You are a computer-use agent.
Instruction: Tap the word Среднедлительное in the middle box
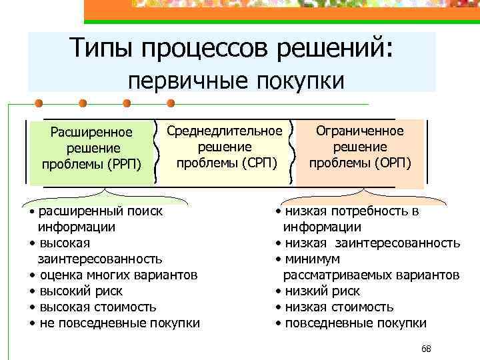point(225,131)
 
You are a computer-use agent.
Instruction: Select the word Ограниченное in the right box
point(359,131)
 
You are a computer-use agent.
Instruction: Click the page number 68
point(427,349)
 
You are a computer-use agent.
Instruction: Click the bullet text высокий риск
point(81,291)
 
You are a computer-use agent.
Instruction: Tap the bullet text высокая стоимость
point(98,307)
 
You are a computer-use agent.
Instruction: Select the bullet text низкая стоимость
point(339,307)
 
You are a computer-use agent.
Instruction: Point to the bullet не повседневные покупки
point(119,323)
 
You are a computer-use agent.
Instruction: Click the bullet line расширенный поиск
point(100,211)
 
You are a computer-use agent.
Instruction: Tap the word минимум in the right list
point(312,259)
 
